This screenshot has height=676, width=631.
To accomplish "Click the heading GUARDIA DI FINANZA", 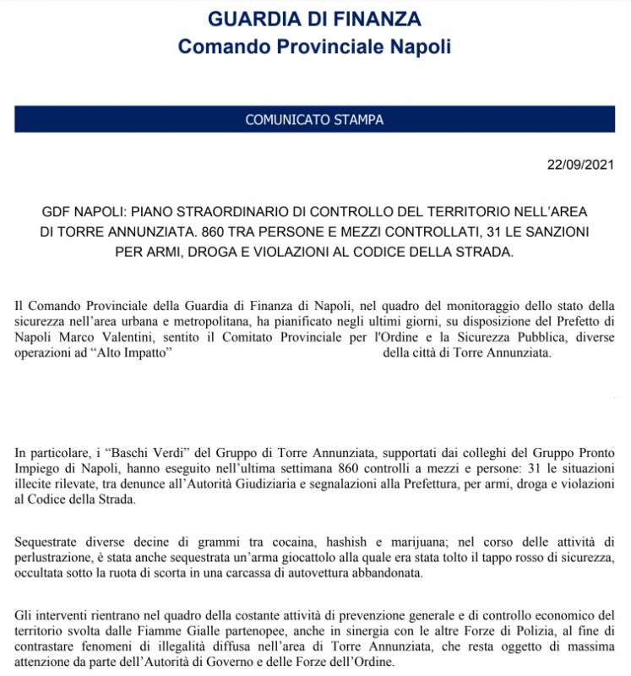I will tap(314, 19).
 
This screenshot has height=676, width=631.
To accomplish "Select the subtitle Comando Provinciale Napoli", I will tap(314, 46).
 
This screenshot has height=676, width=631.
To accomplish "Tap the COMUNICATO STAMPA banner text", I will tap(314, 120).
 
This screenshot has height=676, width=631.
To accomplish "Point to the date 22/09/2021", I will tap(580, 164).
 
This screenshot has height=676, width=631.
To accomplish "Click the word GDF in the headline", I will tap(57, 211).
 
